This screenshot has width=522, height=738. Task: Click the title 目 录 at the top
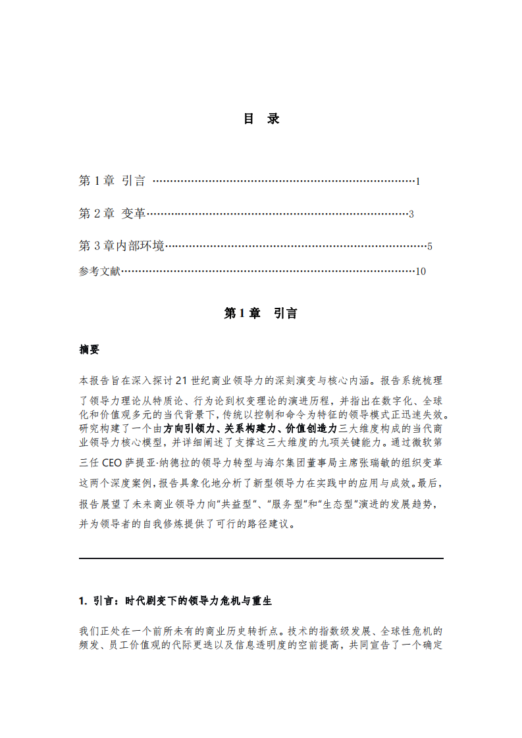tap(261, 119)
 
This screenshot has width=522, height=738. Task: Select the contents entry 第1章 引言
tap(112, 181)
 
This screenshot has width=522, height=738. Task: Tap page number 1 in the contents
tap(418, 182)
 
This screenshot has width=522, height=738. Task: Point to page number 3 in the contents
tap(411, 214)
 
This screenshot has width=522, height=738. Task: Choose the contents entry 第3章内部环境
tap(121, 247)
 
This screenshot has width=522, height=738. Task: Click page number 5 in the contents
tap(429, 247)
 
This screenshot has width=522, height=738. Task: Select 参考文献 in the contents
tap(99, 271)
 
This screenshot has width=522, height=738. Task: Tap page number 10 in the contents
tap(421, 272)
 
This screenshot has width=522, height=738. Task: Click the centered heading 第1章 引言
tap(261, 314)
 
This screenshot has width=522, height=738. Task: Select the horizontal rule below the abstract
tap(261, 558)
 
